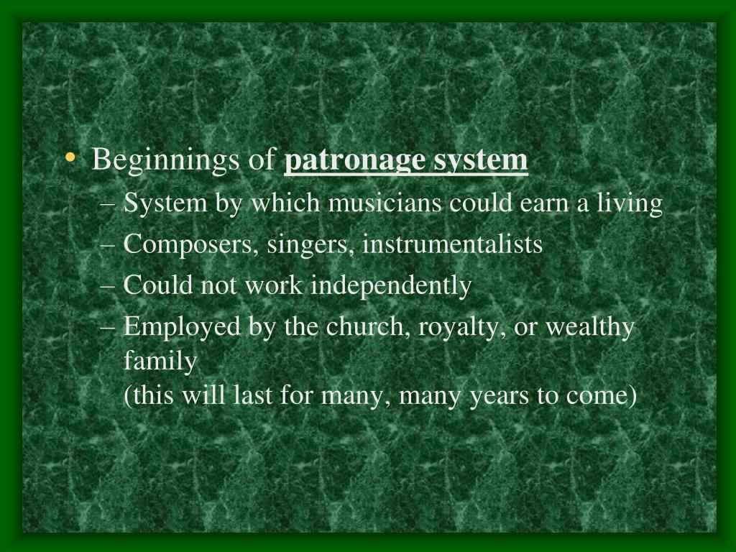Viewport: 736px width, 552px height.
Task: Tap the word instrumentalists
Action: (452, 244)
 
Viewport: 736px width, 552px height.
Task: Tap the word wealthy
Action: (590, 327)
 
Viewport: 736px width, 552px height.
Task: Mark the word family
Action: (160, 362)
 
